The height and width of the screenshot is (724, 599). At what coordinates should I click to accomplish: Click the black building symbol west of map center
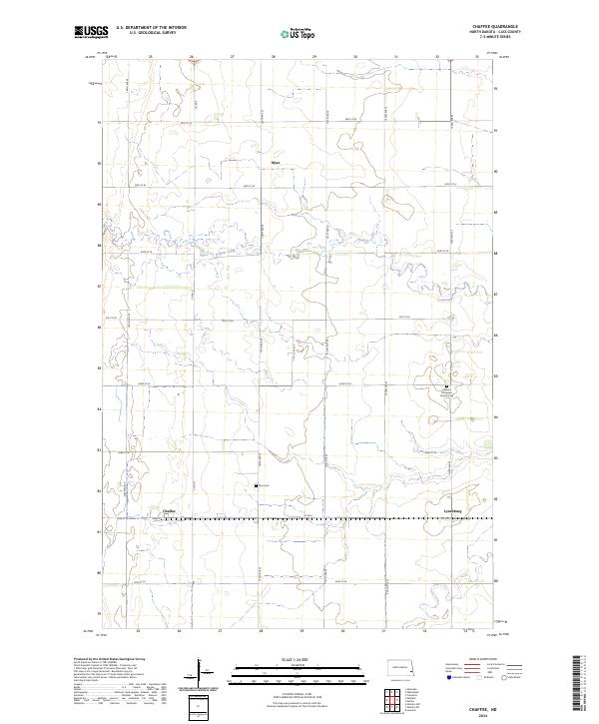258,485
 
